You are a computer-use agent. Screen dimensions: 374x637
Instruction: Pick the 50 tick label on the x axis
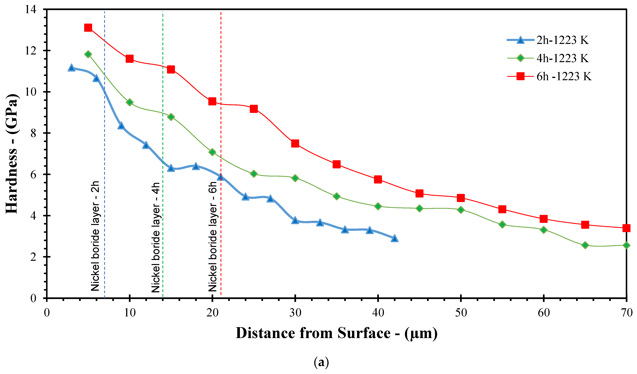461,313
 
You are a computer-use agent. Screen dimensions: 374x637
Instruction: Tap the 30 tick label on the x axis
295,313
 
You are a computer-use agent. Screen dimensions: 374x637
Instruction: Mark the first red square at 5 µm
88,27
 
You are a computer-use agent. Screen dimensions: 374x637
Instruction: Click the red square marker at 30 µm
295,143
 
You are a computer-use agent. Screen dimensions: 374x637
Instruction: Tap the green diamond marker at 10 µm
129,102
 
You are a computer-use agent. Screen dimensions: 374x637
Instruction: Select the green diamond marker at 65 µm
585,245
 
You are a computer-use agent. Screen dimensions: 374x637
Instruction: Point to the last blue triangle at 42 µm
394,238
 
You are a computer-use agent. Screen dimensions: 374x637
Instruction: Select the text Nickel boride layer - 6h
213,236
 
